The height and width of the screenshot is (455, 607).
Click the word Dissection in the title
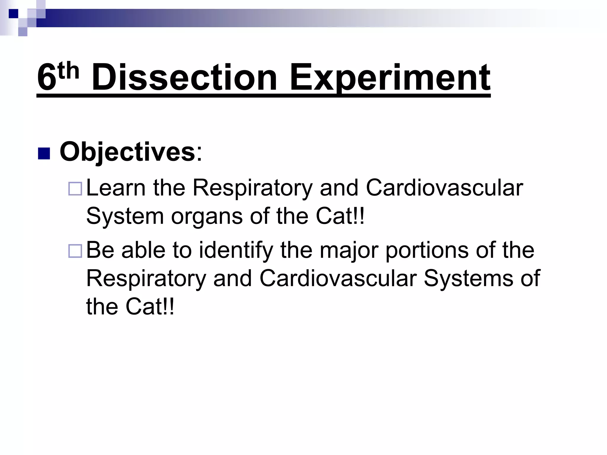pos(184,78)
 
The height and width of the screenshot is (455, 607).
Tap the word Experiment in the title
pos(390,78)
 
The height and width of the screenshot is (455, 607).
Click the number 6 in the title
pos(46,78)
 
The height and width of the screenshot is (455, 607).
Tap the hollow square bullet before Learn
pos(75,189)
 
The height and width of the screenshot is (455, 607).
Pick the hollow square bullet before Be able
pos(75,251)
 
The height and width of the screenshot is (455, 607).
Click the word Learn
pos(116,188)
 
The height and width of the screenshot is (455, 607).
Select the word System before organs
pos(125,216)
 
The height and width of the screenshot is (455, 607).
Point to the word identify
pos(236,251)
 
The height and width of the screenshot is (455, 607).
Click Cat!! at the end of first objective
pos(340,216)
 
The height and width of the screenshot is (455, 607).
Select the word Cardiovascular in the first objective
pos(444,188)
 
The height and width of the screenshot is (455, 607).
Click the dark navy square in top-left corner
pos(13,14)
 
